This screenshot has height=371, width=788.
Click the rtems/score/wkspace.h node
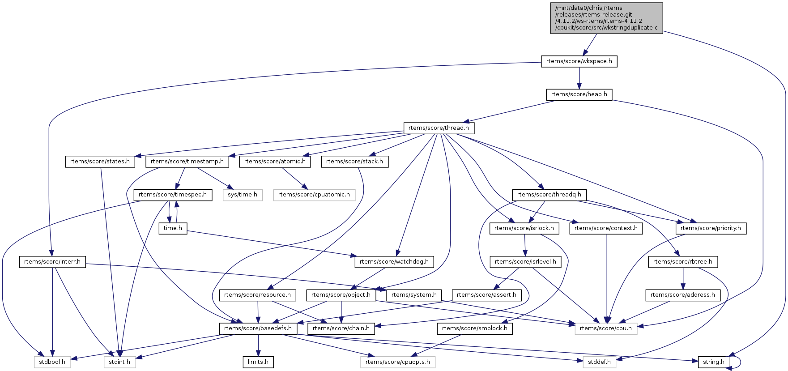(579, 61)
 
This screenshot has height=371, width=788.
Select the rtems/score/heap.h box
(579, 94)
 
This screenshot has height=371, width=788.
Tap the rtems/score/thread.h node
(439, 128)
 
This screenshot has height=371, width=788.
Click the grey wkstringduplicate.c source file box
(606, 18)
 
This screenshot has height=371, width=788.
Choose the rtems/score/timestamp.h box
(187, 162)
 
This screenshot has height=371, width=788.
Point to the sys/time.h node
(243, 195)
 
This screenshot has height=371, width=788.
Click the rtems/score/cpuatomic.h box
(314, 195)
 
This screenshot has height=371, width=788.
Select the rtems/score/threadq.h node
(549, 195)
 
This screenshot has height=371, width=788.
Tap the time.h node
(173, 228)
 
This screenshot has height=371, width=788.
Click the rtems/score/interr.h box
(52, 262)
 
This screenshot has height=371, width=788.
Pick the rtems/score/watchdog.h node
(394, 262)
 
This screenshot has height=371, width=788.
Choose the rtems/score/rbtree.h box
(683, 262)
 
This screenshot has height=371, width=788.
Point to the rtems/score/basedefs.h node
(258, 328)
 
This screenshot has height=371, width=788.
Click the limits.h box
(258, 362)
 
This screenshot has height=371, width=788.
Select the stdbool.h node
(52, 362)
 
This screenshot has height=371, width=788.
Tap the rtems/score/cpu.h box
(606, 328)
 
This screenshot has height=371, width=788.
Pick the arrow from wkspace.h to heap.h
(579, 78)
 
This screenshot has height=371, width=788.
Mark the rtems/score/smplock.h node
(475, 328)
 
